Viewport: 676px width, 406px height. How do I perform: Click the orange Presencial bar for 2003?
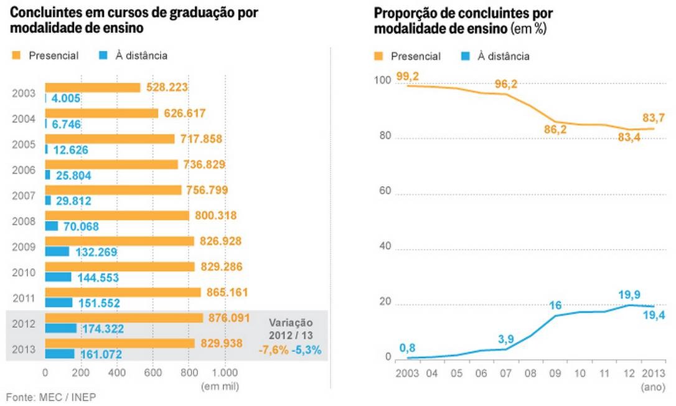[93, 87]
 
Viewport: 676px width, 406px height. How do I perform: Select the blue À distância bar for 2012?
[60, 328]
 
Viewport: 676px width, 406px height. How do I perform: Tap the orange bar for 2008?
[117, 215]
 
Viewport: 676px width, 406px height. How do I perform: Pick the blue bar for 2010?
[58, 276]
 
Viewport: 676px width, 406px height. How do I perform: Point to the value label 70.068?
[81, 226]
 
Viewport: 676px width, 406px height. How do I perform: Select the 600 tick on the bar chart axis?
[153, 372]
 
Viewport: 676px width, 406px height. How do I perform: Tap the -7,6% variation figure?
[275, 350]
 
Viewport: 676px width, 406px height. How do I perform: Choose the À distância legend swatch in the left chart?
[105, 55]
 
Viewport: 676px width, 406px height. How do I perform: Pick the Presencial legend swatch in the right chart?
[378, 56]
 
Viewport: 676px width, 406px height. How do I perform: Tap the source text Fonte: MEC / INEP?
[51, 396]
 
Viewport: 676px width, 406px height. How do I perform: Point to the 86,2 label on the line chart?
[556, 130]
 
